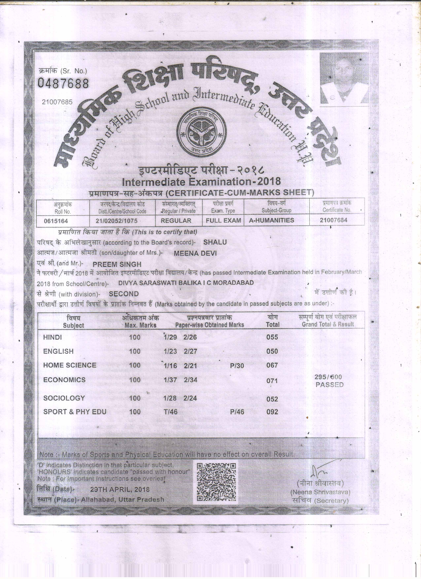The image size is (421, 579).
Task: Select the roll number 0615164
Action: click(56, 221)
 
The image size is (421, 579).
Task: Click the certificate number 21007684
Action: click(333, 220)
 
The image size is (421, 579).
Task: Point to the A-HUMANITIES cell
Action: click(271, 220)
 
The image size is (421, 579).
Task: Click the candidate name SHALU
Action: click(215, 242)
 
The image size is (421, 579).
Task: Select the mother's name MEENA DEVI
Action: click(195, 253)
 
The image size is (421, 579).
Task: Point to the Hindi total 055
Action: click(272, 337)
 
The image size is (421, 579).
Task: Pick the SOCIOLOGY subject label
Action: click(64, 398)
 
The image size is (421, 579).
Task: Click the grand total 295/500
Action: click(328, 377)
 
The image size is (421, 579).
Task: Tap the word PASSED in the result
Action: click(329, 385)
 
